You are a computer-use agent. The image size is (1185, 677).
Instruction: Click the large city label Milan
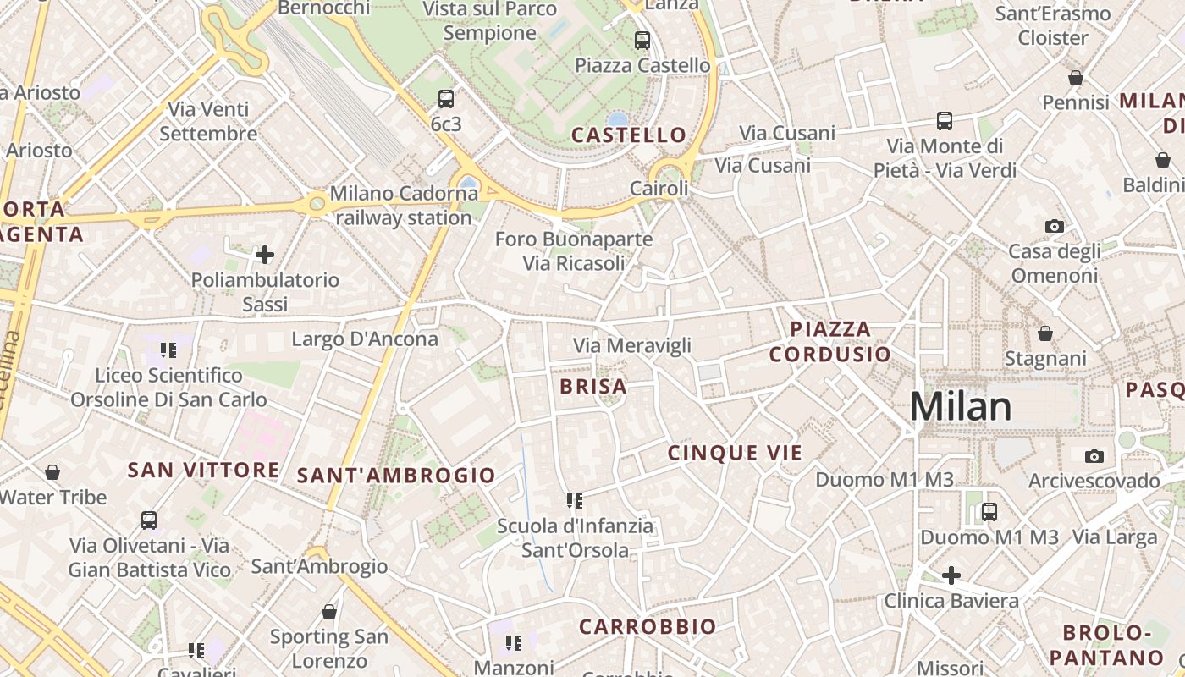tap(961, 407)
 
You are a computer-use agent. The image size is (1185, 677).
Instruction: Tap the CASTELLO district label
tap(628, 135)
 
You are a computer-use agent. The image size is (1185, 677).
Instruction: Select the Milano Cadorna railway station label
tap(404, 206)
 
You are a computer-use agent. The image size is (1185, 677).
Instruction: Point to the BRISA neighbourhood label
tap(593, 387)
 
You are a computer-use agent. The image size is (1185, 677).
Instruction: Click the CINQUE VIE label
tap(735, 453)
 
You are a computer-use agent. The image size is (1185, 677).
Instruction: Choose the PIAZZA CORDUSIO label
tap(829, 341)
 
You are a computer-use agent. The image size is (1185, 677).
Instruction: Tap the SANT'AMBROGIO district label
tap(396, 476)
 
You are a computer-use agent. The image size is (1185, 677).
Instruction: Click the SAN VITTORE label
tap(203, 470)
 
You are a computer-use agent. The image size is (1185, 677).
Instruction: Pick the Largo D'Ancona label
tap(365, 339)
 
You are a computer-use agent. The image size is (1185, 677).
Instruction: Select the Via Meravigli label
tap(632, 345)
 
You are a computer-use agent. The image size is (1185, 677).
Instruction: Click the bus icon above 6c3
tap(446, 99)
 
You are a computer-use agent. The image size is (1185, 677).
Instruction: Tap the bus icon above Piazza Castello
tap(642, 40)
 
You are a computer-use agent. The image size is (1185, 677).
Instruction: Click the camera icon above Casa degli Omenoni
tap(1055, 226)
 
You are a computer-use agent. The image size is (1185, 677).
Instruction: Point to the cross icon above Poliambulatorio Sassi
tap(265, 254)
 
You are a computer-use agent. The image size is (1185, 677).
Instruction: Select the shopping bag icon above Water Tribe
tap(52, 472)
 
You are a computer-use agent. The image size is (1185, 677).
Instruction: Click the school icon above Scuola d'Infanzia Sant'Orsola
tap(576, 501)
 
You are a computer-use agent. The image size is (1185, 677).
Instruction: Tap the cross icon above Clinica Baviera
tap(951, 575)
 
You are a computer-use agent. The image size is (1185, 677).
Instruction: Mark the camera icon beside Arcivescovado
tap(1094, 457)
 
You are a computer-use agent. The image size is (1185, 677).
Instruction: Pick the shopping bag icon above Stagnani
tap(1045, 333)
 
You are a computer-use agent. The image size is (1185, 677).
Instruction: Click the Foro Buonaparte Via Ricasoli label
tap(574, 251)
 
